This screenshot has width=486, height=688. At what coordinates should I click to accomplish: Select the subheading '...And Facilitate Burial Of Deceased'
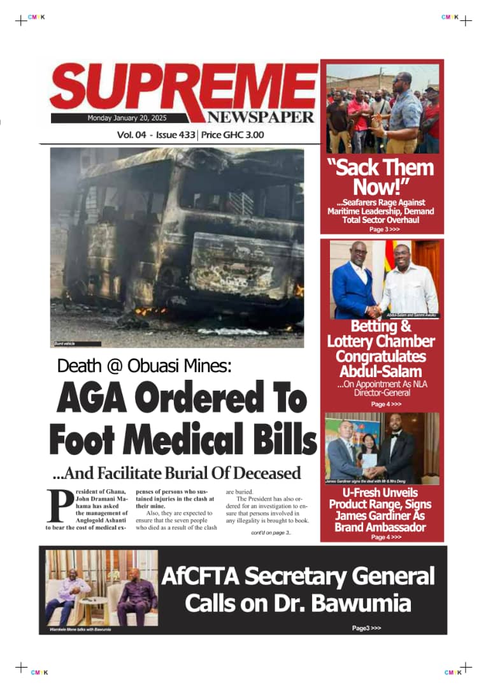[x=176, y=473]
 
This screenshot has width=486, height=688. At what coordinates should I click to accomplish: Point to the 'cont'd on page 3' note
[x=270, y=533]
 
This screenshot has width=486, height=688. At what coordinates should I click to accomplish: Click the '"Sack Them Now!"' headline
[x=380, y=177]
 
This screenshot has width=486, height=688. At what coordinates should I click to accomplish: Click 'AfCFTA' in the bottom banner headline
[x=199, y=577]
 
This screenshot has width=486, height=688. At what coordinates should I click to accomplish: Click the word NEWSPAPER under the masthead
[x=260, y=117]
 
